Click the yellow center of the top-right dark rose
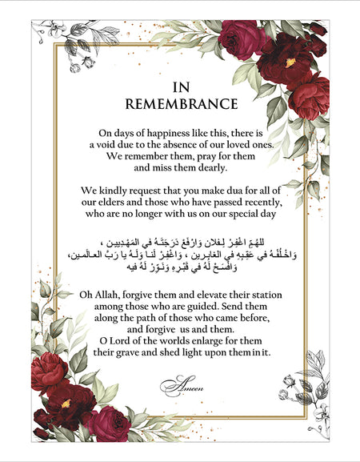(290, 62)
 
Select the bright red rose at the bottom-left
(50, 370)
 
